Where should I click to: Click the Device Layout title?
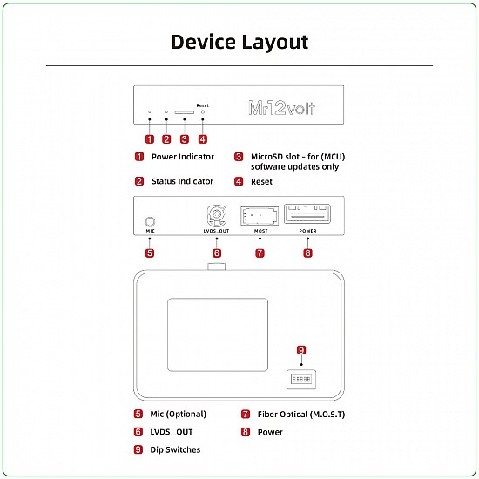239,42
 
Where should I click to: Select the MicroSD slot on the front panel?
184,112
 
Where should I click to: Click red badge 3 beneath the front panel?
184,138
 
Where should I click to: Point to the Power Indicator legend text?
183,157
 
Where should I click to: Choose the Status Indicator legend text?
183,181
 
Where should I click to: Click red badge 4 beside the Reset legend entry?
238,181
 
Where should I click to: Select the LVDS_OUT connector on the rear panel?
217,216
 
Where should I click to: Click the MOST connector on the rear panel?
260,216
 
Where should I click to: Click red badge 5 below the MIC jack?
150,253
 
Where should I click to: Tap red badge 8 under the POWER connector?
307,253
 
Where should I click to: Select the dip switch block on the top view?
301,380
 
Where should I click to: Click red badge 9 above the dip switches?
301,350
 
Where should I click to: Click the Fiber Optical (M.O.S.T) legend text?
300,414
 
